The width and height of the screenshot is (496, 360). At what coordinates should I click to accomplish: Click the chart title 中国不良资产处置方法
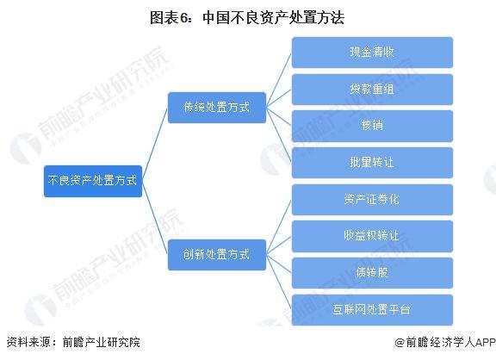(273, 17)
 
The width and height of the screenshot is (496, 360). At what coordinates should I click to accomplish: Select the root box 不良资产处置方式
(93, 181)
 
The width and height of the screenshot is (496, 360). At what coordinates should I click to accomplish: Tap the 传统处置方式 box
(217, 108)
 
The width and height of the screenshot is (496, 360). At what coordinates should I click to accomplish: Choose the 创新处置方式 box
(217, 255)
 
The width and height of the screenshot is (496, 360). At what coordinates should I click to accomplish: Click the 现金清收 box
(372, 53)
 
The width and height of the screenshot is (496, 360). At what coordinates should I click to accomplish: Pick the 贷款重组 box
(372, 90)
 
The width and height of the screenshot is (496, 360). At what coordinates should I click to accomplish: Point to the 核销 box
(372, 126)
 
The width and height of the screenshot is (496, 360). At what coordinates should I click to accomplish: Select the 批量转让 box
(372, 163)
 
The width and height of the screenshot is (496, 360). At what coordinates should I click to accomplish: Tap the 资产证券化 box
(372, 200)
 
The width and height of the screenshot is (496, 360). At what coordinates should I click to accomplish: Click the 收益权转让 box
(372, 236)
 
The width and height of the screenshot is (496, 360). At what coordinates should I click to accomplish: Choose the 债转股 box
(372, 273)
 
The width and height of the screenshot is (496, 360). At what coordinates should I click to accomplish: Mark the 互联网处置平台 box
(372, 310)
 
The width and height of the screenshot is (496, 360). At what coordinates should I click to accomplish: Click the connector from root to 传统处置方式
(155, 144)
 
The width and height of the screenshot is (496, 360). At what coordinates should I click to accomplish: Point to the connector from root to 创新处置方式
(155, 218)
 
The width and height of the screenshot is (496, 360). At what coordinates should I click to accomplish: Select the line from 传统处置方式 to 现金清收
(279, 80)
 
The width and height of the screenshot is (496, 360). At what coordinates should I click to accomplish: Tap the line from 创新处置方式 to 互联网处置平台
(279, 282)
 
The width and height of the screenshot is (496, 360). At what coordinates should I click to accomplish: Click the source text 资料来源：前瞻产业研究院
(73, 342)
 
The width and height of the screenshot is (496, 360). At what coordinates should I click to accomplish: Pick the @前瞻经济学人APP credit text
(445, 342)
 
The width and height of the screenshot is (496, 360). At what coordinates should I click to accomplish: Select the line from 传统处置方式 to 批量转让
(279, 135)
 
